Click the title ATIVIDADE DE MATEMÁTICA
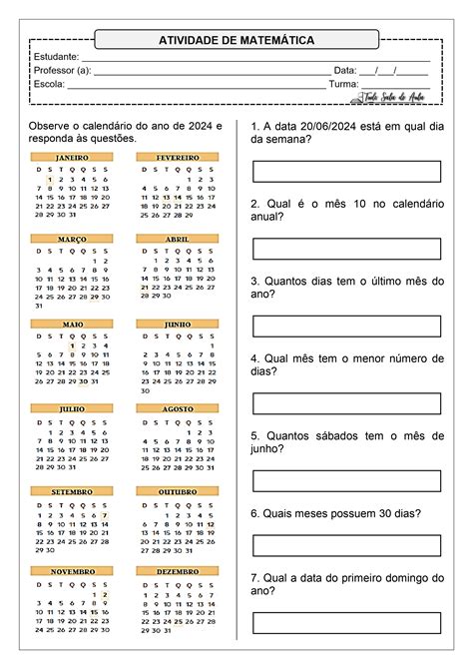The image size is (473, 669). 236,40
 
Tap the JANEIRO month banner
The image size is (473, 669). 71,158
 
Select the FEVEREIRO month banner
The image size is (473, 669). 178,158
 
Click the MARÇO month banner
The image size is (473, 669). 71,240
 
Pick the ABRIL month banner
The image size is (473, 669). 178,240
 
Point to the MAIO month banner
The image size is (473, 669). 71,325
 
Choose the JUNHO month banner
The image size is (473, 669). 178,325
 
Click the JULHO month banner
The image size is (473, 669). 71,408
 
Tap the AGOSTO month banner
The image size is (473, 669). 178,408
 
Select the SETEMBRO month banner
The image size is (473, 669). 71,492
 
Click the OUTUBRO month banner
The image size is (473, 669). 178,492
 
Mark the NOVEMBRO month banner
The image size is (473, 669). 71,571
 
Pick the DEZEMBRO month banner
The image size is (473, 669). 178,571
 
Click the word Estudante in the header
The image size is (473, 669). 57,57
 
